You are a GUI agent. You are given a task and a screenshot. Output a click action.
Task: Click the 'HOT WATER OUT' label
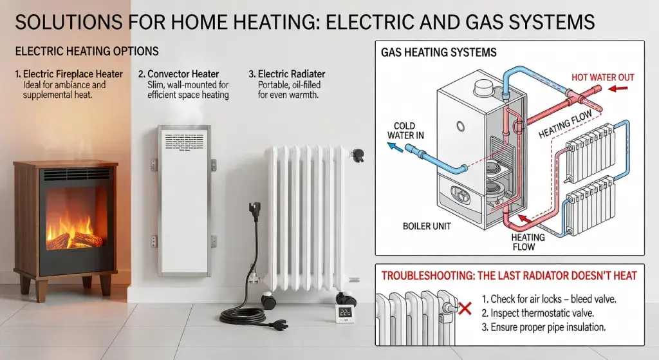pyautogui.click(x=603, y=77)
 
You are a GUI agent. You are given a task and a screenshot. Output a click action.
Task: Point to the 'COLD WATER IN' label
pyautogui.click(x=401, y=131)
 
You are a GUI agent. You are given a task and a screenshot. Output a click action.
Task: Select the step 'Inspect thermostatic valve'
pyautogui.click(x=547, y=312)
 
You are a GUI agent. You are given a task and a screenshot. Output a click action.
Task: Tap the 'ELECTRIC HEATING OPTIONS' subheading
pyautogui.click(x=86, y=51)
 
